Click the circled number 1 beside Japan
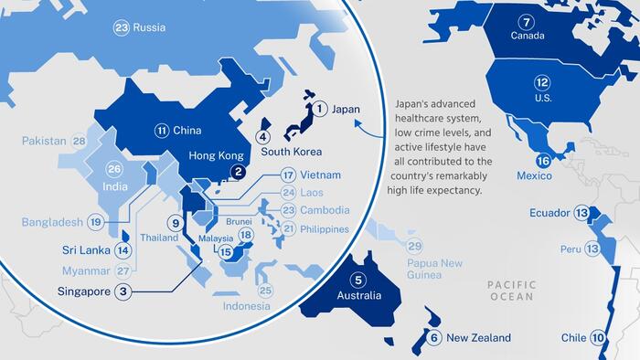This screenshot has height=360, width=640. (x=320, y=109)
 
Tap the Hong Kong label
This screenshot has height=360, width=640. (x=217, y=156)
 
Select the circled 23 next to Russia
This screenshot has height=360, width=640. (x=122, y=27)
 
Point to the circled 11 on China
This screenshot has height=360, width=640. (x=162, y=131)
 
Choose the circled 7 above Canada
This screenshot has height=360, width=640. (x=526, y=22)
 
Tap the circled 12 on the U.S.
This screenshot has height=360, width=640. (x=541, y=82)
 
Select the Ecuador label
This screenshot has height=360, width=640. (x=549, y=213)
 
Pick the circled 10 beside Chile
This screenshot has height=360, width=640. (x=598, y=338)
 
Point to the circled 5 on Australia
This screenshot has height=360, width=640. (x=358, y=281)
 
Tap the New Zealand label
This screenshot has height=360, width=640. (x=478, y=338)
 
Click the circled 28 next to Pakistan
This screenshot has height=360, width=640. (x=80, y=141)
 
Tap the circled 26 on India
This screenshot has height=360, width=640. (x=114, y=169)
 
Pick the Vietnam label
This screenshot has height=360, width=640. (x=323, y=175)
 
